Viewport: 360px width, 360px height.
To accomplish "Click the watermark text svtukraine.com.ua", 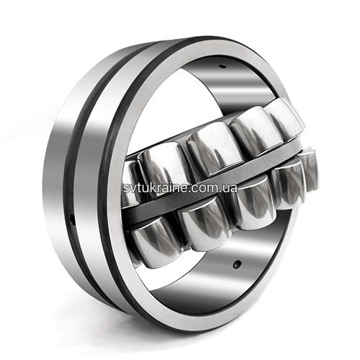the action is pos(180,188).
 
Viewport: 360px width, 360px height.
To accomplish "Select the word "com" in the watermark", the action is pos(206,189).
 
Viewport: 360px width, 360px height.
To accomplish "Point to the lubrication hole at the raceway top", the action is pos(223,66).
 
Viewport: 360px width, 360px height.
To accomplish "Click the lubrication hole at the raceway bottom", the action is pos(238,264).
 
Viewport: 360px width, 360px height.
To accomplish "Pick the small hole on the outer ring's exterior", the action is pos(72,219).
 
